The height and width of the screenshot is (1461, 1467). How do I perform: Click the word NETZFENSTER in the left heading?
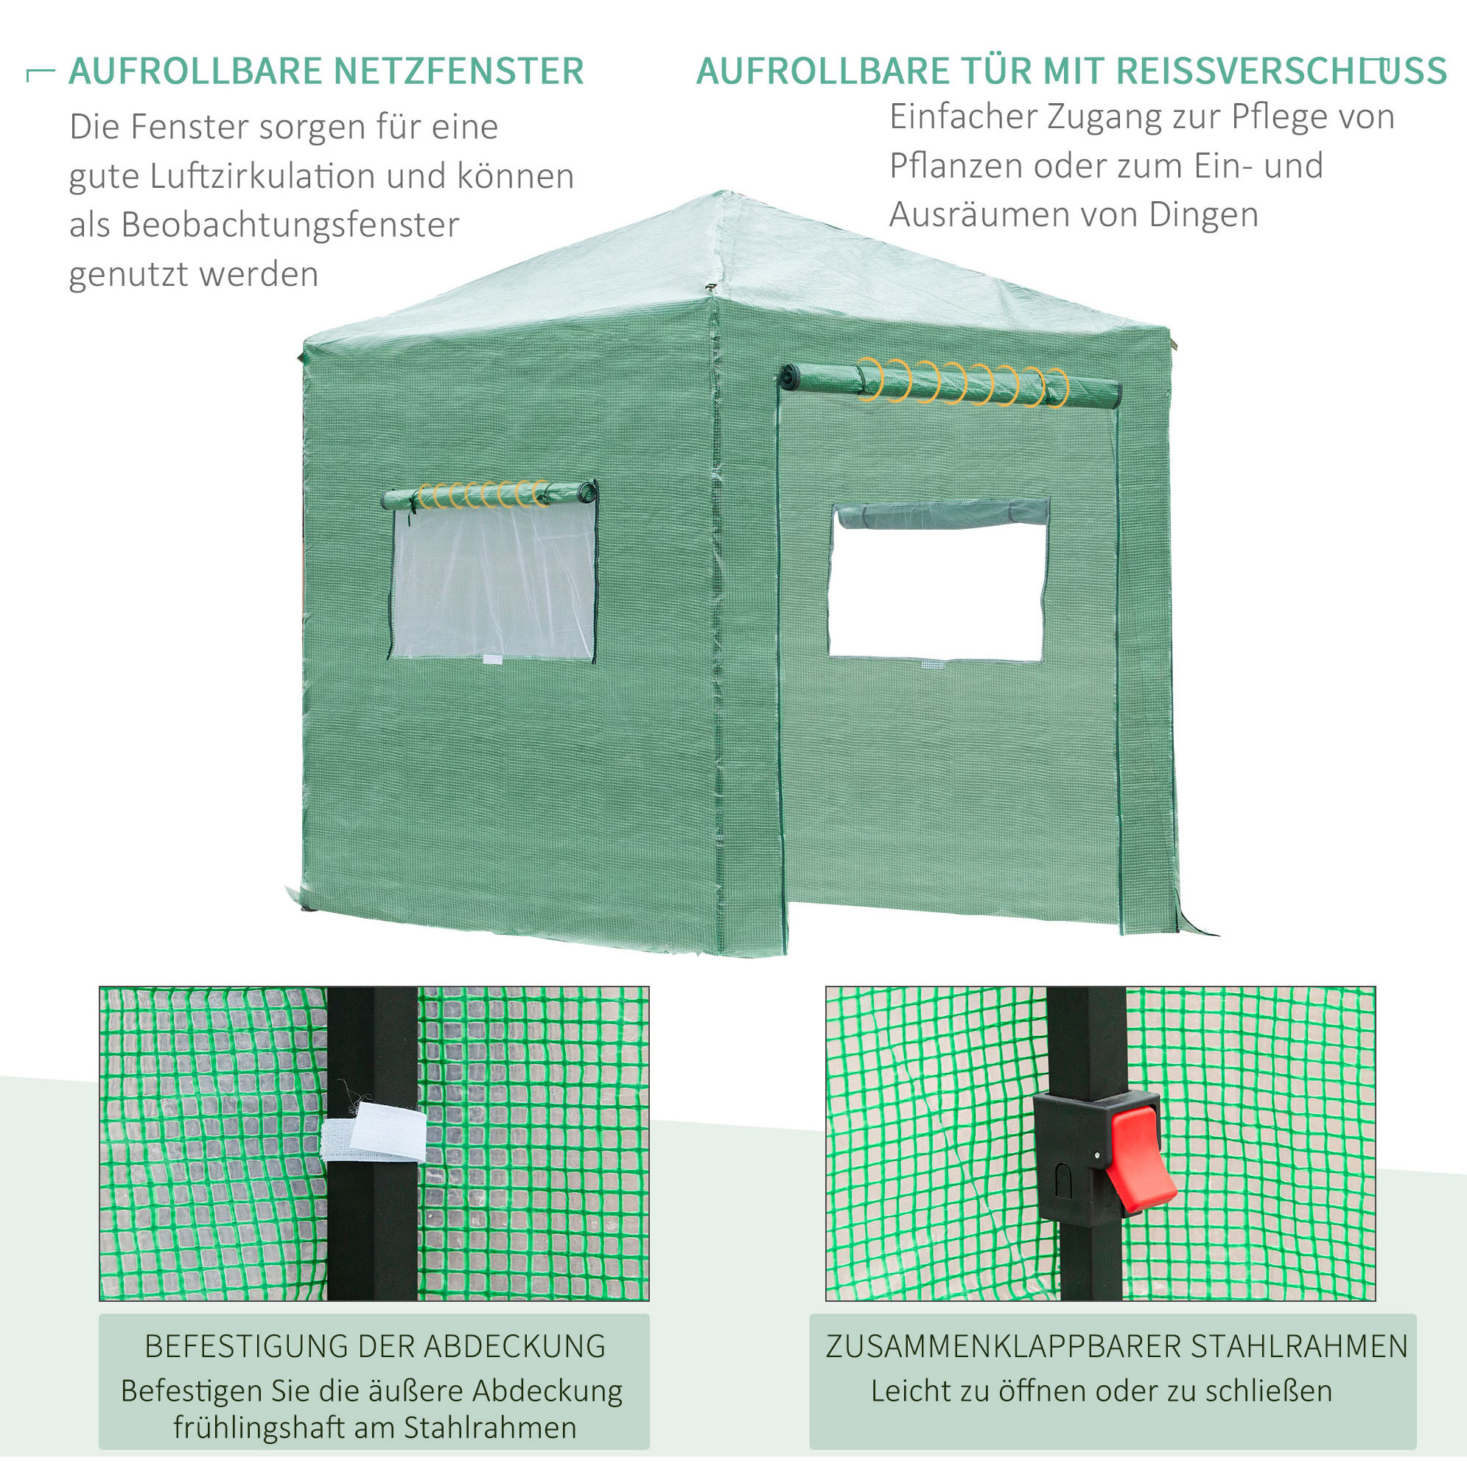pyautogui.click(x=458, y=71)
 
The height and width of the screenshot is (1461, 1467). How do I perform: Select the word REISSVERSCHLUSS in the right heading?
pyautogui.click(x=1282, y=71)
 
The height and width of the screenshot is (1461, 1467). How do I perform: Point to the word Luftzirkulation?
pyautogui.click(x=263, y=176)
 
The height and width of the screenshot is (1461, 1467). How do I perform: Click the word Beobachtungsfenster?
pyautogui.click(x=290, y=225)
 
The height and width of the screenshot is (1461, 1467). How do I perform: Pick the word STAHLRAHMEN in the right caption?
pyautogui.click(x=1299, y=1346)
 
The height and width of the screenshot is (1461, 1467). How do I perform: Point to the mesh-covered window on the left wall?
pyautogui.click(x=493, y=581)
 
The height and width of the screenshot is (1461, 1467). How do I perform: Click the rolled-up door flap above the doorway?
pyautogui.click(x=951, y=386)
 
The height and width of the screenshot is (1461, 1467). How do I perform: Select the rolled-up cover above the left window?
pyautogui.click(x=489, y=494)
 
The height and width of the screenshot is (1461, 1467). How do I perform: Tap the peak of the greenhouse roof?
pyautogui.click(x=722, y=193)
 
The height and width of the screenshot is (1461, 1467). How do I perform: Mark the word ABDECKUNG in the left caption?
pyautogui.click(x=515, y=1346)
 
